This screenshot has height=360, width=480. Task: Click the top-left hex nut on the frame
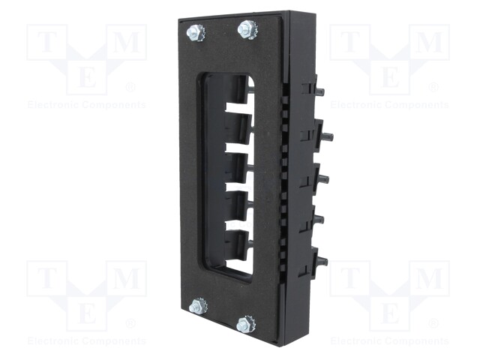tap(195, 33)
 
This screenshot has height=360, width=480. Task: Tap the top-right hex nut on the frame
tap(248, 30)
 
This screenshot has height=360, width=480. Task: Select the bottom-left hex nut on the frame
tap(198, 305)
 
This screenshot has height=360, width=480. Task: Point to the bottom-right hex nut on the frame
tap(245, 324)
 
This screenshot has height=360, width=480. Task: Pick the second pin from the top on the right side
tap(328, 135)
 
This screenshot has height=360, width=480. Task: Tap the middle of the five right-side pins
tap(324, 178)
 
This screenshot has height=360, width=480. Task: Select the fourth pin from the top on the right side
tap(319, 219)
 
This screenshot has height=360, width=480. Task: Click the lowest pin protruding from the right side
tap(322, 262)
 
